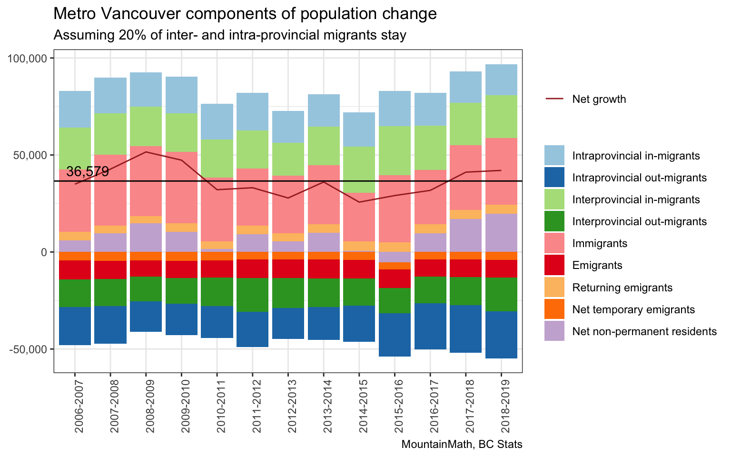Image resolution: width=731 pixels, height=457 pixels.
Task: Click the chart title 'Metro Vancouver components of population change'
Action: tap(245, 14)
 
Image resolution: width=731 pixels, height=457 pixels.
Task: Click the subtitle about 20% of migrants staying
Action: tap(230, 35)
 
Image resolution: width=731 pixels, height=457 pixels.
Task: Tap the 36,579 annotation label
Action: tap(88, 172)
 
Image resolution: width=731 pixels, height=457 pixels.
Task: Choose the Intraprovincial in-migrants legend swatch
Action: tap(554, 156)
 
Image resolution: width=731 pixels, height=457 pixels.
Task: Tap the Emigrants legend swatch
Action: tap(554, 265)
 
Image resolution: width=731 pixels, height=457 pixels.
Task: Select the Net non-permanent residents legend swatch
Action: tap(554, 331)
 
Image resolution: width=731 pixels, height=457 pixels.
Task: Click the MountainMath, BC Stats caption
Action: tap(462, 445)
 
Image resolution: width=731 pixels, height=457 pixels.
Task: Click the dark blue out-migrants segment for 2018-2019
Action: tap(501, 335)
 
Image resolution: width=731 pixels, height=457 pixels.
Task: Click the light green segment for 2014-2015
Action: tap(359, 169)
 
